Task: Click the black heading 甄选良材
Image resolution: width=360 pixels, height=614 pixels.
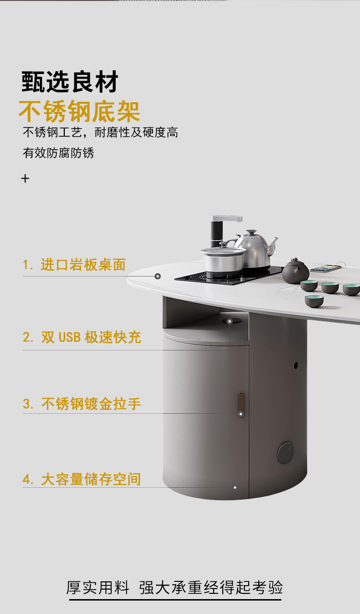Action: point(70,82)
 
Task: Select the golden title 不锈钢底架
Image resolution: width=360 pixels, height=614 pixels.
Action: point(80,111)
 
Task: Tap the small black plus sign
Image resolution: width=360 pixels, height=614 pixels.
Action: point(25,179)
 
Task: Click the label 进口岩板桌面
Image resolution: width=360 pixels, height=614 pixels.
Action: point(83,265)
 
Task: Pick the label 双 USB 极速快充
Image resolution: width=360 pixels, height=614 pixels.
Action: point(91,337)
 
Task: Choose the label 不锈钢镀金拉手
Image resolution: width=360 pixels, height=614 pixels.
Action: point(91,404)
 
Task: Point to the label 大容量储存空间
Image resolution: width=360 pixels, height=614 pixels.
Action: point(91,479)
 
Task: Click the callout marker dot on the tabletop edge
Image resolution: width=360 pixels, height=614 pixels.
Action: point(157,277)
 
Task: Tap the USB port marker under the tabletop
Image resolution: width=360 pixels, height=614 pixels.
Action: point(229,321)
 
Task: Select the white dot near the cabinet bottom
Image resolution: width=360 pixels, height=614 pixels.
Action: point(235,488)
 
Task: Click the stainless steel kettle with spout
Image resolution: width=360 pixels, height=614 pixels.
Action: point(256,248)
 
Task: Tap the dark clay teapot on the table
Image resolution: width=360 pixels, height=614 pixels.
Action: point(295,271)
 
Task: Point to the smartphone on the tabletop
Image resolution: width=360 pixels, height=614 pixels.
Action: point(326,268)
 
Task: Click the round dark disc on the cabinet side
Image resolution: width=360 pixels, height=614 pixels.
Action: point(285,453)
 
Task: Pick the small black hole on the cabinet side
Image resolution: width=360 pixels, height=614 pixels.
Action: point(296,365)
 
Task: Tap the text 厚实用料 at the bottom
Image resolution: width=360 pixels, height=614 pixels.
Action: point(98,588)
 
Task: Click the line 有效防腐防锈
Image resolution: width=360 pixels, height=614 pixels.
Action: point(59,153)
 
